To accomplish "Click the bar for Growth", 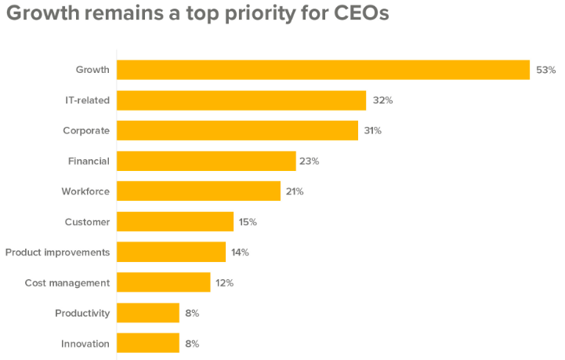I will pyautogui.click(x=323, y=70).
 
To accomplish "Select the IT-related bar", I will pyautogui.click(x=241, y=100).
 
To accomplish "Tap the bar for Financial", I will pyautogui.click(x=206, y=161).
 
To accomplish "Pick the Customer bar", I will pyautogui.click(x=175, y=222).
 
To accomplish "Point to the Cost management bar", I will pyautogui.click(x=163, y=282).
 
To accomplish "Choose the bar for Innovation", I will pyautogui.click(x=148, y=344).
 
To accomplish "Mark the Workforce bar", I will pyautogui.click(x=198, y=191).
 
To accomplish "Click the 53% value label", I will pyautogui.click(x=545, y=70).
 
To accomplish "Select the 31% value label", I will pyautogui.click(x=372, y=131).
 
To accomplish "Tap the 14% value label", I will pyautogui.click(x=240, y=253).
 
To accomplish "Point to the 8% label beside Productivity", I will pyautogui.click(x=192, y=313).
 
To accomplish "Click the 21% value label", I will pyautogui.click(x=294, y=191).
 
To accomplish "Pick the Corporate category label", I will pyautogui.click(x=86, y=131).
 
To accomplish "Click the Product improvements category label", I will pyautogui.click(x=57, y=253).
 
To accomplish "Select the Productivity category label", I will pyautogui.click(x=82, y=313).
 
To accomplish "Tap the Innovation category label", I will pyautogui.click(x=85, y=344).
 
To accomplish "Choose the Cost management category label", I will pyautogui.click(x=67, y=282).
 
